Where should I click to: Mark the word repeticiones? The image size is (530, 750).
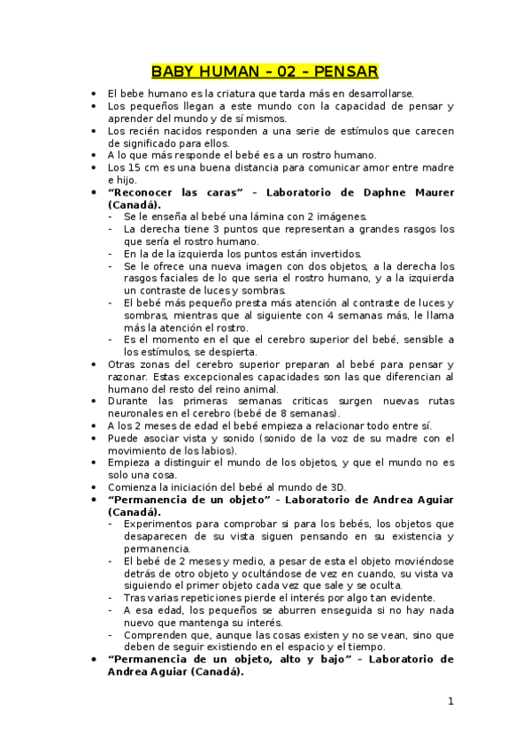coord(217,597)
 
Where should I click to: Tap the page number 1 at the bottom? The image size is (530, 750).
coord(450,701)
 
